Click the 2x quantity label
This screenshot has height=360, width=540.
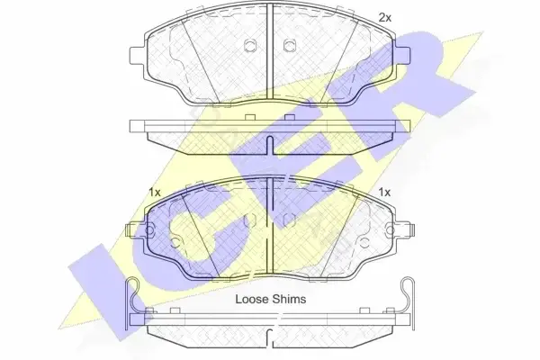385,18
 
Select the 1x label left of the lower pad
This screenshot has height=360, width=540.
155,193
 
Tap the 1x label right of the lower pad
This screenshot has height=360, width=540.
384,193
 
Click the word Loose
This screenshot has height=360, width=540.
251,299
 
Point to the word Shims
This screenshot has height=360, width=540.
289,299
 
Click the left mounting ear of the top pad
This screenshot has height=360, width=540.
138,56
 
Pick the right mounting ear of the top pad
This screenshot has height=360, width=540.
402,56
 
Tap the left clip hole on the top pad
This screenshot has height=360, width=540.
249,46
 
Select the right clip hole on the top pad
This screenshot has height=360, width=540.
290,46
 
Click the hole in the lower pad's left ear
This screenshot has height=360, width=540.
149,229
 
